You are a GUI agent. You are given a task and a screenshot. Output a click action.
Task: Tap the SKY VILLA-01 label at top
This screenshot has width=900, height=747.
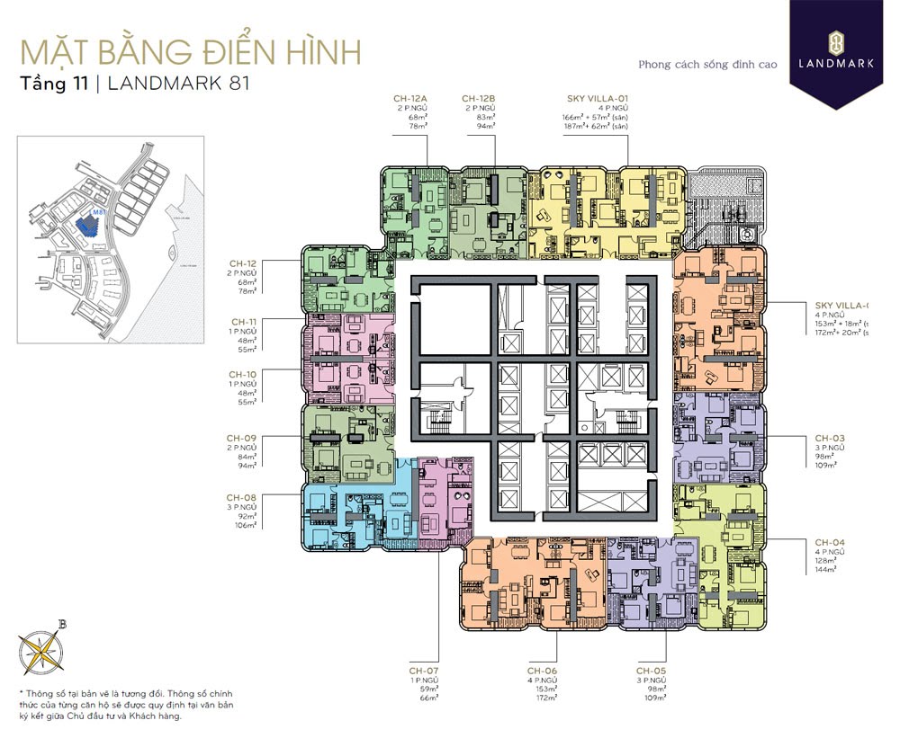tap(591, 98)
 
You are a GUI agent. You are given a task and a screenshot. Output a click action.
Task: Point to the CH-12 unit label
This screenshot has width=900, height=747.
tap(243, 264)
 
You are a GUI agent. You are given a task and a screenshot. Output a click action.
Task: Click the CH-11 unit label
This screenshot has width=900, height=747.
tap(244, 321)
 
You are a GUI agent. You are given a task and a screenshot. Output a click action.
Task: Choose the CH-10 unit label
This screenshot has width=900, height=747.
tap(243, 374)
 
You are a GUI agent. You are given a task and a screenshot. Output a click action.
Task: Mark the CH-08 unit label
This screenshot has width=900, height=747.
tap(242, 497)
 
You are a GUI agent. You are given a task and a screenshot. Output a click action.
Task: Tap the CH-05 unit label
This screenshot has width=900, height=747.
tap(652, 671)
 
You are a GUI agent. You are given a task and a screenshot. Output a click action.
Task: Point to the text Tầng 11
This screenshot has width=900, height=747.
tap(52, 84)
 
